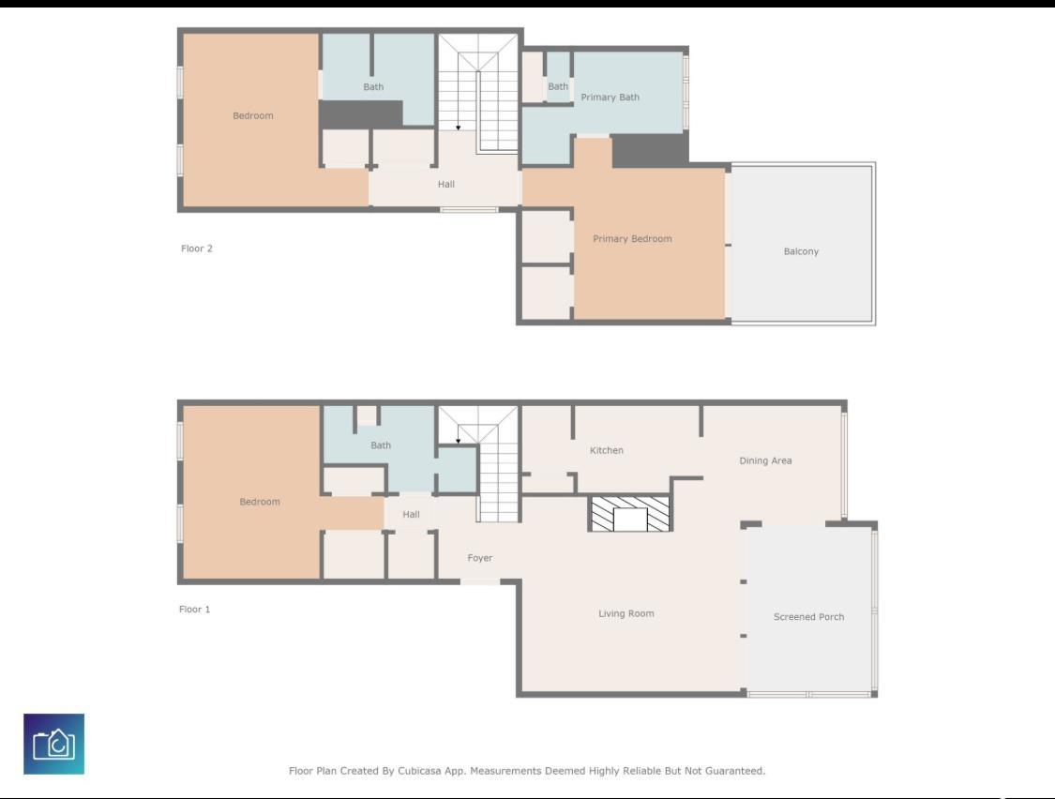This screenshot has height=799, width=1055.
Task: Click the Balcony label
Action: pyautogui.click(x=801, y=251)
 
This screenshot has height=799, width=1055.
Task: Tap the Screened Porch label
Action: pyautogui.click(x=808, y=617)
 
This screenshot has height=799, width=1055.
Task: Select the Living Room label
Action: pyautogui.click(x=626, y=614)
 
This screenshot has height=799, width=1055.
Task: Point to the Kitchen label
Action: pyautogui.click(x=607, y=451)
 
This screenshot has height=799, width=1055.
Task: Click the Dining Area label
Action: pyautogui.click(x=765, y=460)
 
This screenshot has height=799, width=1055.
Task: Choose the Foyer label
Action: pyautogui.click(x=480, y=559)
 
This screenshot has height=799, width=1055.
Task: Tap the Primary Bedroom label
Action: pyautogui.click(x=632, y=239)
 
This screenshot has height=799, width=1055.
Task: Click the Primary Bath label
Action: pyautogui.click(x=610, y=98)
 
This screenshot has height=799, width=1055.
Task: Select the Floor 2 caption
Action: pyautogui.click(x=197, y=249)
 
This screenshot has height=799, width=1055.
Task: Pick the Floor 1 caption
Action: pyautogui.click(x=195, y=610)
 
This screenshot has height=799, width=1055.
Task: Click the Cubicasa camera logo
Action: pyautogui.click(x=53, y=745)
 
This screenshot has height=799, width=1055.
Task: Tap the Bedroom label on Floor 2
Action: pyautogui.click(x=253, y=116)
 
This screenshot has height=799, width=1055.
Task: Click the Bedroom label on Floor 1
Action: pyautogui.click(x=260, y=503)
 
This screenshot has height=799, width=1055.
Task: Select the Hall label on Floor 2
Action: pyautogui.click(x=446, y=185)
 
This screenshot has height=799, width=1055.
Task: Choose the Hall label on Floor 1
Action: pyautogui.click(x=411, y=515)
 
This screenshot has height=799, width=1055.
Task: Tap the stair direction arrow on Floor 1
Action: pyautogui.click(x=458, y=439)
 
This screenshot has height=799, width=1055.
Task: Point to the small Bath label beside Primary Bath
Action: pyautogui.click(x=558, y=87)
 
